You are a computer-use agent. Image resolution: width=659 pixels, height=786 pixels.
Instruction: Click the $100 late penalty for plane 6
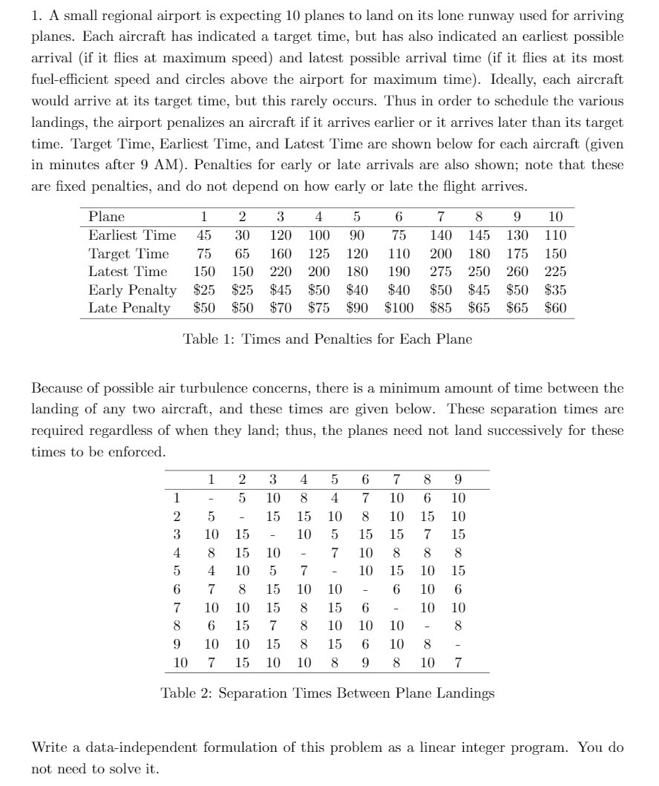click(x=399, y=307)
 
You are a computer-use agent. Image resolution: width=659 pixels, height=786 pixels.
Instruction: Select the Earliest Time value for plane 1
click(x=203, y=235)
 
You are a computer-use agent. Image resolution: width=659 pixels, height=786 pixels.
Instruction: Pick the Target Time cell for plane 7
click(x=441, y=253)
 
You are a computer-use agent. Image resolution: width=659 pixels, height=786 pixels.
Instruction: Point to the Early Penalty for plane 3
click(x=281, y=289)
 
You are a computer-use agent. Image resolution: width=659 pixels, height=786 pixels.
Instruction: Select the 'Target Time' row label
click(x=128, y=253)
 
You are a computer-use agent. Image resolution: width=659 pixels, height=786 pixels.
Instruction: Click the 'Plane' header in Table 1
click(x=106, y=217)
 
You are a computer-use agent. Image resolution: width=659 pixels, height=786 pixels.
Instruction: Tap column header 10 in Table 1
click(x=555, y=217)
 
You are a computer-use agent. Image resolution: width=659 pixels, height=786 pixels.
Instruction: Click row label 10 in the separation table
click(x=181, y=661)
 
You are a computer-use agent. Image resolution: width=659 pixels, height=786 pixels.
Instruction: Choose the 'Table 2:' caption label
click(x=186, y=693)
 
